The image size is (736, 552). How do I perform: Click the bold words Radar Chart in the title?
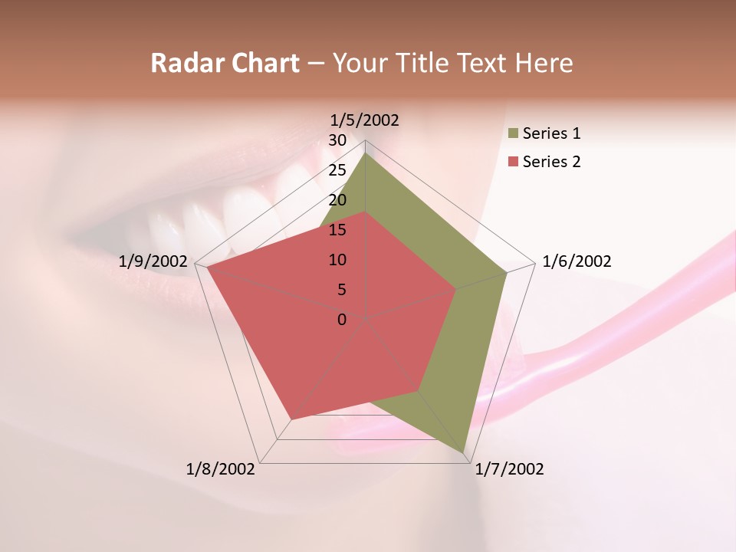(225, 63)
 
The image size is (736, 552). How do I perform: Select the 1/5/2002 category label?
(364, 120)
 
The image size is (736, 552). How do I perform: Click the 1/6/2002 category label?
(577, 261)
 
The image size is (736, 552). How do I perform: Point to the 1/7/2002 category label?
(509, 469)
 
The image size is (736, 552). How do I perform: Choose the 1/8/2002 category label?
(221, 469)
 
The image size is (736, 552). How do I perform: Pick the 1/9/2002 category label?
(153, 261)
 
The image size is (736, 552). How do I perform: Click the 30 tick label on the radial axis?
(337, 140)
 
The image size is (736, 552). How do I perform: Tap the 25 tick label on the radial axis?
(337, 170)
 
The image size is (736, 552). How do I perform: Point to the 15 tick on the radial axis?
(337, 230)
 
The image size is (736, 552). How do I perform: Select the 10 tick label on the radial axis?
(337, 260)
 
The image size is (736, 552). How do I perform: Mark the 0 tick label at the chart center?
(342, 320)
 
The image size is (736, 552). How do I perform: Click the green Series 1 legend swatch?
(513, 134)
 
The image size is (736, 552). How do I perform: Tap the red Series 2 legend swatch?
(513, 163)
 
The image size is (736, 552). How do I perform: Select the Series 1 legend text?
(551, 133)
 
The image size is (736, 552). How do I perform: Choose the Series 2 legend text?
(551, 162)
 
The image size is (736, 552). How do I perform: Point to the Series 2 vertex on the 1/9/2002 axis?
(207, 268)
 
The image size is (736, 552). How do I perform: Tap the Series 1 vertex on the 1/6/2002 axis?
(507, 272)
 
